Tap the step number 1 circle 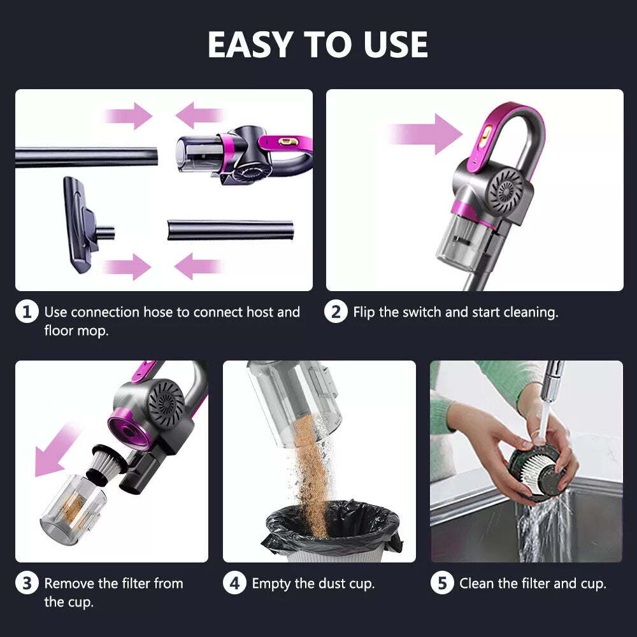[27, 313]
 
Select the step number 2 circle [336, 313]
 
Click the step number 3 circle [27, 583]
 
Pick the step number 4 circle [234, 583]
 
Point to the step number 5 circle [442, 583]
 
